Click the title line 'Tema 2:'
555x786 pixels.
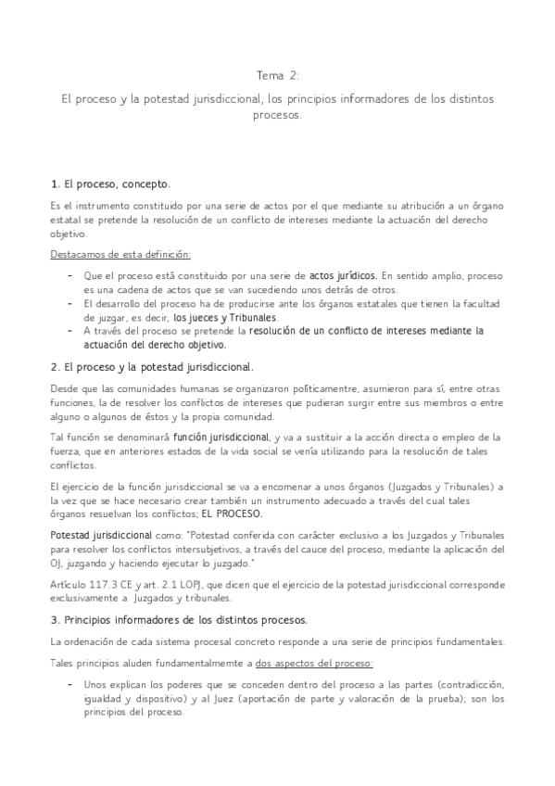pyautogui.click(x=278, y=76)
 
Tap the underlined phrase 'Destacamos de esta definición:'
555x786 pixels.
pyautogui.click(x=120, y=253)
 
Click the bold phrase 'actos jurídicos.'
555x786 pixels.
pyautogui.click(x=343, y=275)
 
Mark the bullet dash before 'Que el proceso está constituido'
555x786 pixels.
pyautogui.click(x=71, y=275)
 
